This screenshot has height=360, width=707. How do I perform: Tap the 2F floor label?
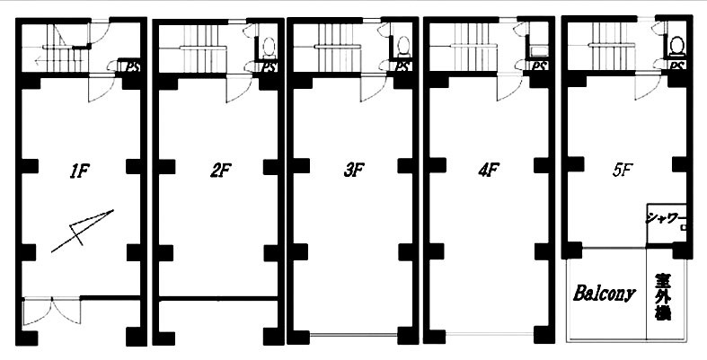tap(220, 171)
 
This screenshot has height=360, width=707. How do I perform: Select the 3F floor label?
tap(354, 171)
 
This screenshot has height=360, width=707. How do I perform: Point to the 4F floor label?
tap(488, 171)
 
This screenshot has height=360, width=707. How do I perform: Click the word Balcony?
tap(605, 294)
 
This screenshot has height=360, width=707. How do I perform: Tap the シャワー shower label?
tap(662, 218)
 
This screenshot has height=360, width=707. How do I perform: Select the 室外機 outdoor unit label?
tap(663, 297)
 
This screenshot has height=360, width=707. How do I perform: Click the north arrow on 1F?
tap(83, 231)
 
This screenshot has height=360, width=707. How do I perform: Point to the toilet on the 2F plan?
tap(270, 47)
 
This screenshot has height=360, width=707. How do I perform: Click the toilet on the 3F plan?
tap(403, 47)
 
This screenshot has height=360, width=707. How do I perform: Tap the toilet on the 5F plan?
tap(676, 47)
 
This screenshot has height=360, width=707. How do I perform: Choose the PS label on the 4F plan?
tap(538, 66)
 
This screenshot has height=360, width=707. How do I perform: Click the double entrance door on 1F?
tap(51, 311)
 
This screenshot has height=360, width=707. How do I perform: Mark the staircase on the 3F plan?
tap(337, 48)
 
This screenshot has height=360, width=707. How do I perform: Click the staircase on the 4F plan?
tap(473, 48)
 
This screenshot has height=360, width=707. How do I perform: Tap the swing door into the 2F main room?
tap(239, 89)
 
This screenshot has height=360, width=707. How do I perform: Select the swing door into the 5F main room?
tap(648, 86)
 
